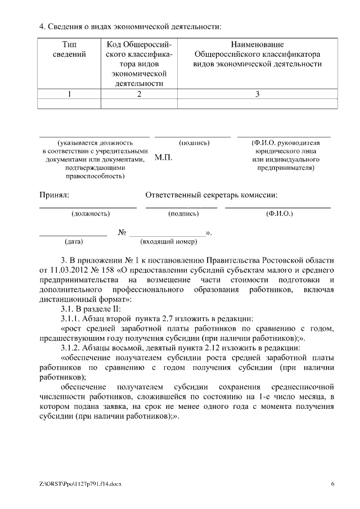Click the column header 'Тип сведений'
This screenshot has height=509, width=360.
tap(69, 49)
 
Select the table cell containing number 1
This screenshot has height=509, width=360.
tap(69, 94)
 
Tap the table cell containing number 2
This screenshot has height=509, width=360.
tap(139, 94)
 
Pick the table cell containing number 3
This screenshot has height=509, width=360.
tap(257, 94)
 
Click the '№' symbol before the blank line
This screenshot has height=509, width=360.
tap(122, 232)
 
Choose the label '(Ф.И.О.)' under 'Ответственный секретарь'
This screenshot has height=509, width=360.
tap(278, 214)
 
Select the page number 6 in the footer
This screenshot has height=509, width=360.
tap(332, 483)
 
